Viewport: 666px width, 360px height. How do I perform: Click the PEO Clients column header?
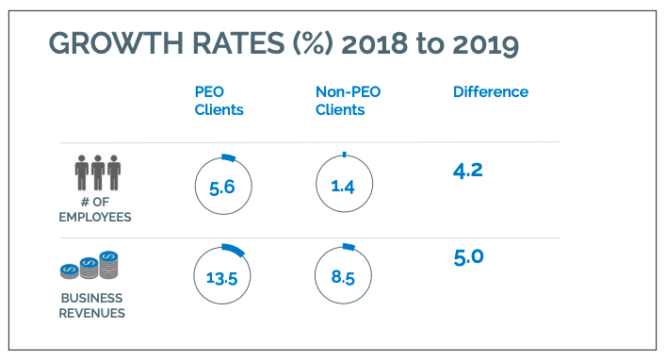point(219,101)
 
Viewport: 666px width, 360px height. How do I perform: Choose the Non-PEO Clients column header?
point(340,101)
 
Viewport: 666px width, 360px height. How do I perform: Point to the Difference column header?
point(490,92)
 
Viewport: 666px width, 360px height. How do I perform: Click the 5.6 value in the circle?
point(221,188)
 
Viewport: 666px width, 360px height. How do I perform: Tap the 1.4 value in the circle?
point(343,188)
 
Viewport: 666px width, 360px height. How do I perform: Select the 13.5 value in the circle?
point(221,278)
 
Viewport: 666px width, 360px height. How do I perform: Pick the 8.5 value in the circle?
point(343,278)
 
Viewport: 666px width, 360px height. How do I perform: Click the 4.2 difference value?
point(468,171)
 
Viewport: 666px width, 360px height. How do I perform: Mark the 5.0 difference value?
point(468,257)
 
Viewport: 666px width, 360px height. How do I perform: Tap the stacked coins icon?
point(91,266)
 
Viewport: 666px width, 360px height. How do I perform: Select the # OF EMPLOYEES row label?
point(98,210)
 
